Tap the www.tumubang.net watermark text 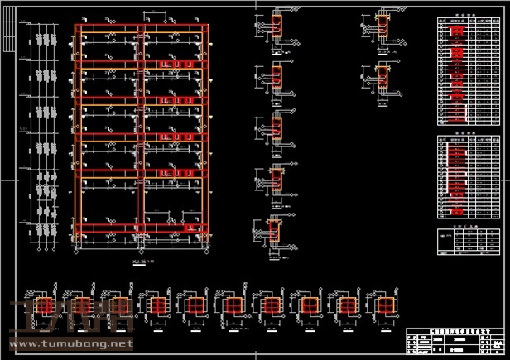coord(70,343)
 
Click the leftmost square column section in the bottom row coord(36,307)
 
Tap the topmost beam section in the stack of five coord(277,26)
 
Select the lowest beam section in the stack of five coord(276,233)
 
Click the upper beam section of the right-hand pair coord(382,26)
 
